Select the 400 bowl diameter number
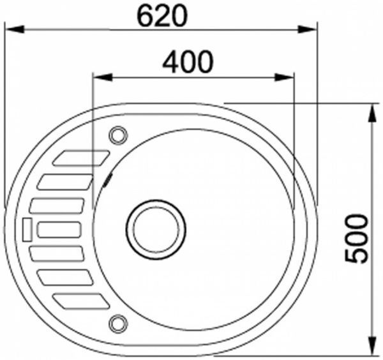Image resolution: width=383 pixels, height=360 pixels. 187,62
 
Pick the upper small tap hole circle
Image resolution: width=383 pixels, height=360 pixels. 117,135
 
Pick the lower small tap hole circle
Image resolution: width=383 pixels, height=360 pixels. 117,323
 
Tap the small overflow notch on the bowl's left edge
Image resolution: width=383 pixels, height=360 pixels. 107,178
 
